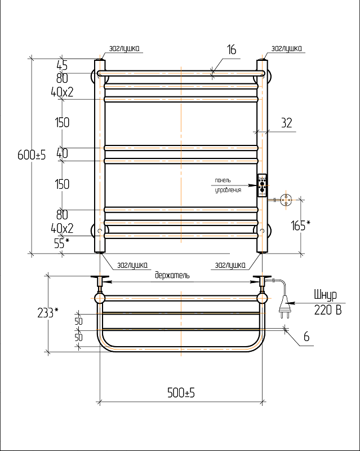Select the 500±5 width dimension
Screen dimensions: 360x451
point(181,392)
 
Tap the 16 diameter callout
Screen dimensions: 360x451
point(232,50)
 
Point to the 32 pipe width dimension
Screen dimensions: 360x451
point(287,123)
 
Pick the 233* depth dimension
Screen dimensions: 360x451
point(48,313)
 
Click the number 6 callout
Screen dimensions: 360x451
point(306,337)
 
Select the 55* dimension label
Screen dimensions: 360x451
point(62,244)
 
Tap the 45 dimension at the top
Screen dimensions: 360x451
point(62,66)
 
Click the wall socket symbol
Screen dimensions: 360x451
point(286,199)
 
